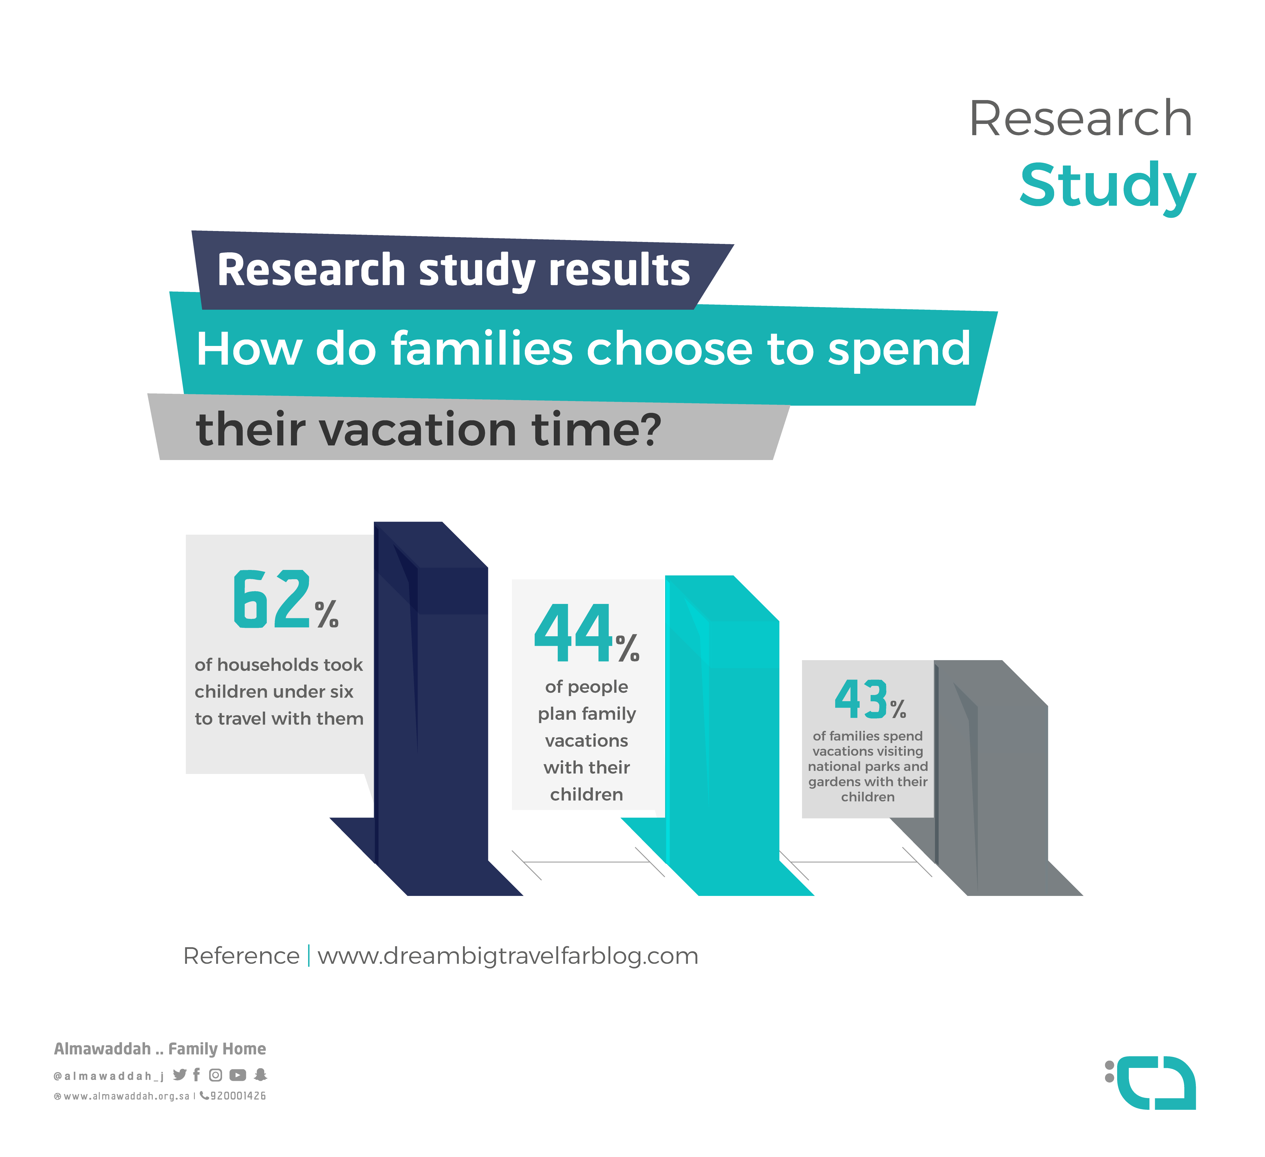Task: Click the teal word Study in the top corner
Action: [1108, 187]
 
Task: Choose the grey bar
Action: [991, 778]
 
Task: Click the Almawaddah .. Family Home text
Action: [160, 1049]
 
